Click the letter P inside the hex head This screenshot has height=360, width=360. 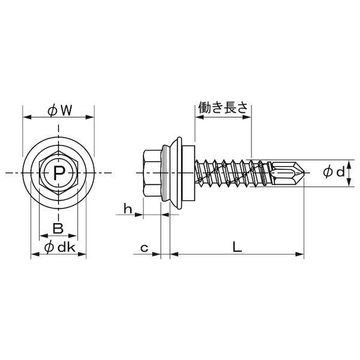pos(59,173)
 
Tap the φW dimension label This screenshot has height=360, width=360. pos(59,110)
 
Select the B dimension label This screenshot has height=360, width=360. pos(58,228)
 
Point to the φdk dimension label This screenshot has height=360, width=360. pos(59,247)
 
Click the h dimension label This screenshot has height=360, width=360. pos(128,208)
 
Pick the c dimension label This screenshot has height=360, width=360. pos(144,248)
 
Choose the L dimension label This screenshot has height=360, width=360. pos(237,247)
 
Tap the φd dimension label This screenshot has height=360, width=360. pos(334,172)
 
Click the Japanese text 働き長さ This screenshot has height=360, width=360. pos(223,107)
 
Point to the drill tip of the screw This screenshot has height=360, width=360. pos(304,173)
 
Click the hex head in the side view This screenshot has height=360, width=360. pos(152,173)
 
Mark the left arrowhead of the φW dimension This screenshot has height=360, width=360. pos(28,118)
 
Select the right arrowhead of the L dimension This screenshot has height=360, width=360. pos(299,254)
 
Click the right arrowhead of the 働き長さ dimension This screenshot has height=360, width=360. pos(247,117)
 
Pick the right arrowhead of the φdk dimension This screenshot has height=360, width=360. pos(82,254)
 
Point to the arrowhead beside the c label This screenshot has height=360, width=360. pos(156,254)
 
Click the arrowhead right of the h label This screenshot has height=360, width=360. pos(139,215)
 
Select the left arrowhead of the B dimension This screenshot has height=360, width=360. pos(44,236)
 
